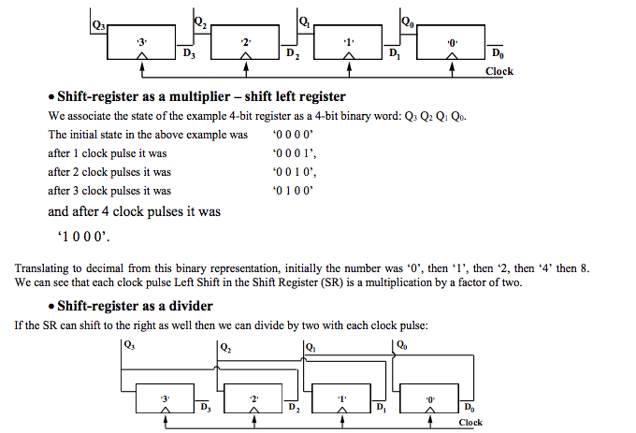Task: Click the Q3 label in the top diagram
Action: coord(98,24)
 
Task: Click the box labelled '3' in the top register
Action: coord(141,44)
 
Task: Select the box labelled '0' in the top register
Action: coord(451,44)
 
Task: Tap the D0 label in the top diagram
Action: coord(496,54)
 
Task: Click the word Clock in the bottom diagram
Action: coord(470,422)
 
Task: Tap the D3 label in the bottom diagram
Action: coord(206,408)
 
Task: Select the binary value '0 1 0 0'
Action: coord(293,190)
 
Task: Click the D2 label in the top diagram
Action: coord(294,54)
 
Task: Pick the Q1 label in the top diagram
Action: coord(304,21)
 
